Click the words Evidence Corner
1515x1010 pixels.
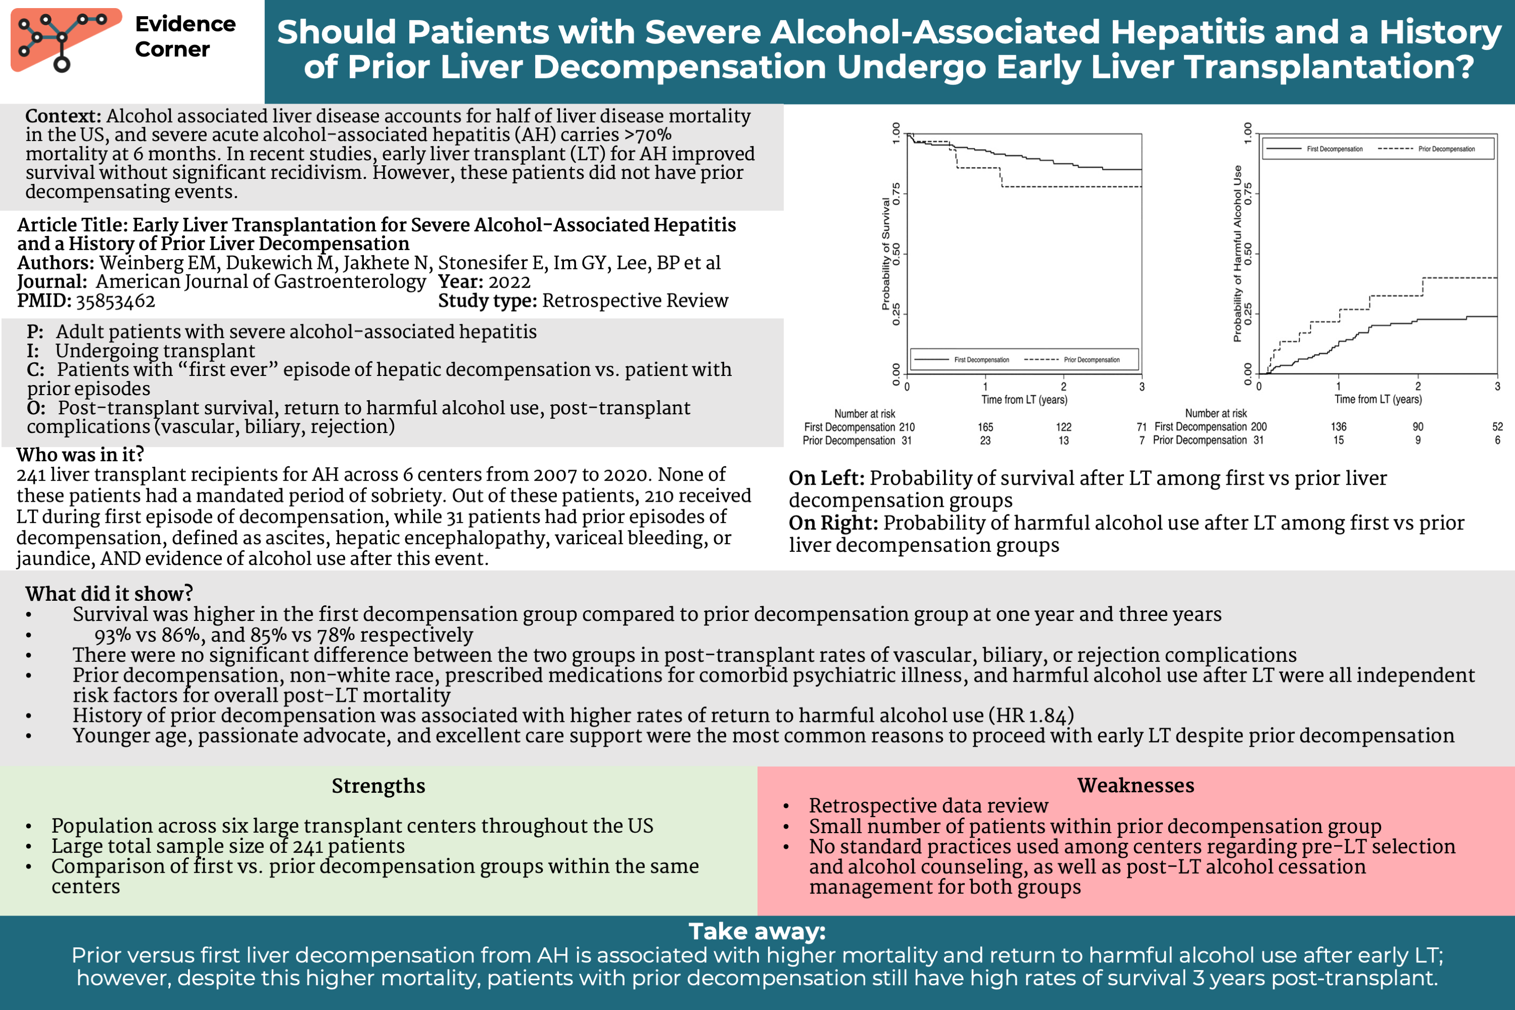tap(185, 37)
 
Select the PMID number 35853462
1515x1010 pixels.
tap(115, 301)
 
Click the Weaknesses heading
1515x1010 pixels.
tap(1135, 785)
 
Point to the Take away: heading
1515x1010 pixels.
tap(757, 931)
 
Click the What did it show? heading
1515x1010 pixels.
tap(109, 593)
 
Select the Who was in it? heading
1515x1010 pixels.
tap(80, 455)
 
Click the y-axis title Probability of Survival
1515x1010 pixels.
tap(886, 253)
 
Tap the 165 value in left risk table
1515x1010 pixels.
tap(985, 427)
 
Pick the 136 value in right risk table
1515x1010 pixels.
tap(1339, 426)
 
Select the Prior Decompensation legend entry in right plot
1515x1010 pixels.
tap(1446, 149)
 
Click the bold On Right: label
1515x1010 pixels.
tap(833, 523)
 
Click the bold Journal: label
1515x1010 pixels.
tap(52, 282)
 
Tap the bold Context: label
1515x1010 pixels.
tap(63, 117)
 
